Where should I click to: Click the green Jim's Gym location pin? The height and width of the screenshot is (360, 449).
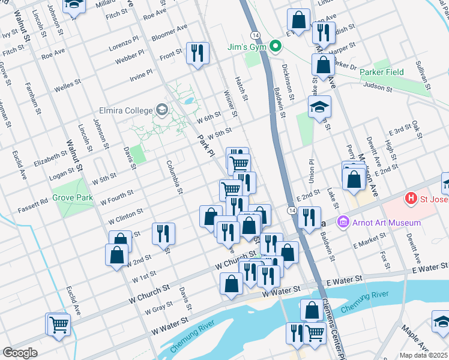coord(276,46)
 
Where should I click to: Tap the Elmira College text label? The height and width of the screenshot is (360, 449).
coord(125,110)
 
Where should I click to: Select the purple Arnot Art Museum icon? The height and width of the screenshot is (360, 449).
coord(343,223)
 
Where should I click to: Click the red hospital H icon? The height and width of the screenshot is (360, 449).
coord(411,197)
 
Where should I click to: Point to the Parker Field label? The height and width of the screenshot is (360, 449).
coord(382,72)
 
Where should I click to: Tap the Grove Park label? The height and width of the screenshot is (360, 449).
coord(73,197)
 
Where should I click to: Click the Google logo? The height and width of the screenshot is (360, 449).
coord(20,353)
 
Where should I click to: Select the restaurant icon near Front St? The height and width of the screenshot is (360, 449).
coord(197,54)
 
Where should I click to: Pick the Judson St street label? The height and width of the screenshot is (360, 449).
coord(376,88)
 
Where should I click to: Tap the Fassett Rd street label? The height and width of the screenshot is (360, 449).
coord(35,203)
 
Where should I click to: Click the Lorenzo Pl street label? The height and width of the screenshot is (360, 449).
coord(124,46)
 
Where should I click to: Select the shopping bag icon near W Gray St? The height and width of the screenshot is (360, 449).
coord(231,285)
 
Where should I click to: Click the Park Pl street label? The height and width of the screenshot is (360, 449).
coord(206,146)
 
